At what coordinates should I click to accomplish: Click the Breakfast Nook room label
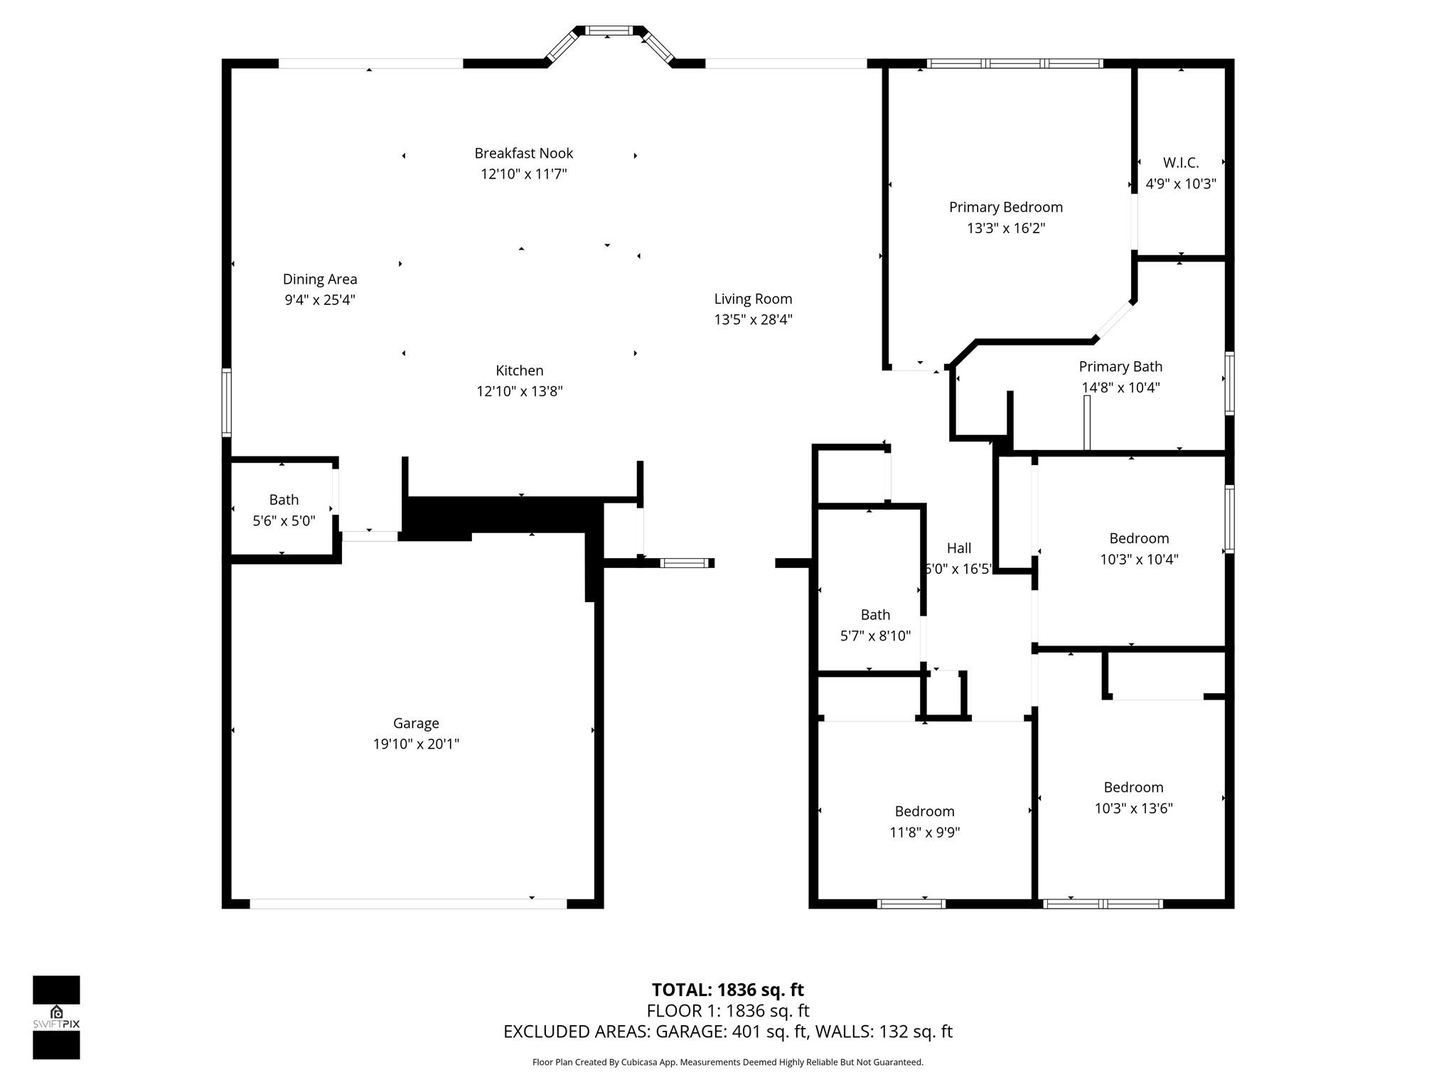[x=524, y=153]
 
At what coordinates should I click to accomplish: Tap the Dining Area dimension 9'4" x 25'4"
[x=320, y=300]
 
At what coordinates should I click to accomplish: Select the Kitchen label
[x=520, y=370]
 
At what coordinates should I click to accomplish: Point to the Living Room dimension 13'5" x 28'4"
[x=753, y=320]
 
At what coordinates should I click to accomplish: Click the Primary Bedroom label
[x=1006, y=208]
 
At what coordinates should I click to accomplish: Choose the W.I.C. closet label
[x=1181, y=163]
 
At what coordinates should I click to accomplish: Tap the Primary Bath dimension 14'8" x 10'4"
[x=1121, y=387]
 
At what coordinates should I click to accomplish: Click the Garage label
[x=416, y=724]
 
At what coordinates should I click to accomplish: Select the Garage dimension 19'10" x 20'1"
[x=416, y=744]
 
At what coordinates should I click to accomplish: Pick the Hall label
[x=959, y=548]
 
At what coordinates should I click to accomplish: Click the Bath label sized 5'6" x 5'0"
[x=284, y=500]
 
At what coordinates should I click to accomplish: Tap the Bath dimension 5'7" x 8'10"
[x=875, y=636]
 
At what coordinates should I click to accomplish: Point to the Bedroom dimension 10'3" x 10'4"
[x=1139, y=560]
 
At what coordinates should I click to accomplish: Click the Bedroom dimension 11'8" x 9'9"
[x=924, y=833]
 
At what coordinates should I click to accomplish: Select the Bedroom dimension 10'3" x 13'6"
[x=1133, y=808]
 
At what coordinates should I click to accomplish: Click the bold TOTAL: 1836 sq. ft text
[x=728, y=990]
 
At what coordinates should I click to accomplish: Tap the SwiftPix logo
[x=56, y=1017]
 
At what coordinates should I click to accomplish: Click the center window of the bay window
[x=608, y=31]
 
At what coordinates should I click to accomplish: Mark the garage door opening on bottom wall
[x=408, y=904]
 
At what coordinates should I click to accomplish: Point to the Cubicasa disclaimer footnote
[x=728, y=1062]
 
